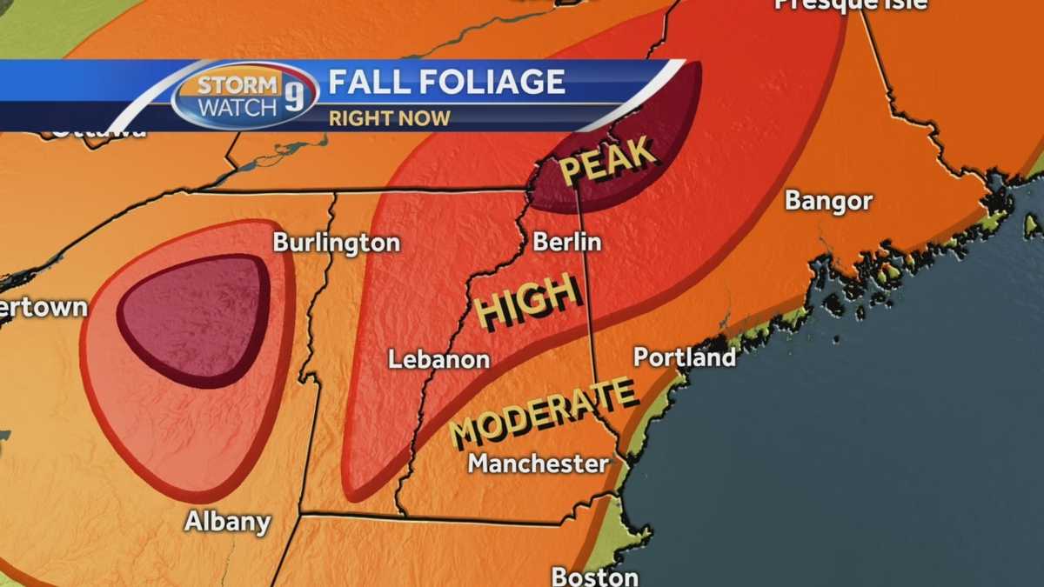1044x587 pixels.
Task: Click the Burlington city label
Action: point(336,243)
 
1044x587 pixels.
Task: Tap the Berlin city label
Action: point(566,242)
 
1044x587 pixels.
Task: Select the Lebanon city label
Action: point(438,359)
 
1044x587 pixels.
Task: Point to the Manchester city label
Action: point(539,464)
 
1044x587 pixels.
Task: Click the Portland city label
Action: point(685,357)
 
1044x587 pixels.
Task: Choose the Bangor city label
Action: point(828,201)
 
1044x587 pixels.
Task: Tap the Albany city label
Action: point(227,522)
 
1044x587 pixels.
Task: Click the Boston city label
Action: point(594,577)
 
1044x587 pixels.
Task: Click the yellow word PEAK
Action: point(607,161)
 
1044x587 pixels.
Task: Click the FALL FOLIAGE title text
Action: point(446,83)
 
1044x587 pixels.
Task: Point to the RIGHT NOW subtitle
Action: point(389,117)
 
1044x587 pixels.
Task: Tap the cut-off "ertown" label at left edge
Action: point(43,307)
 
